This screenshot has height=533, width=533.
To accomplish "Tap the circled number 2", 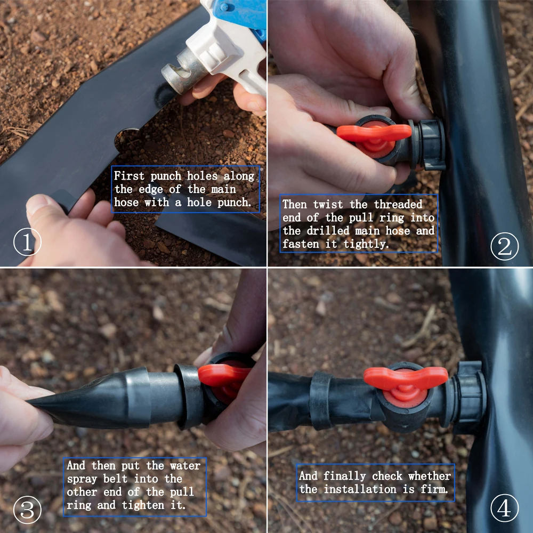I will [504, 246].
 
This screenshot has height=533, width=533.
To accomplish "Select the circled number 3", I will [27, 510].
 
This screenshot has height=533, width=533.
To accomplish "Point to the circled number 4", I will [504, 510].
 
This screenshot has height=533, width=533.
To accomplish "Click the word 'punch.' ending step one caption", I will [234, 203].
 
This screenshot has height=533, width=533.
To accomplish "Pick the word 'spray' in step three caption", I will [82, 479].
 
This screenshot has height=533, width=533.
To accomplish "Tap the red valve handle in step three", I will [224, 375].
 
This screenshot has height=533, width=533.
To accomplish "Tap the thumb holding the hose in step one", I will [43, 205].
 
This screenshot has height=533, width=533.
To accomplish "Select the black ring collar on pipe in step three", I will [189, 397].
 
